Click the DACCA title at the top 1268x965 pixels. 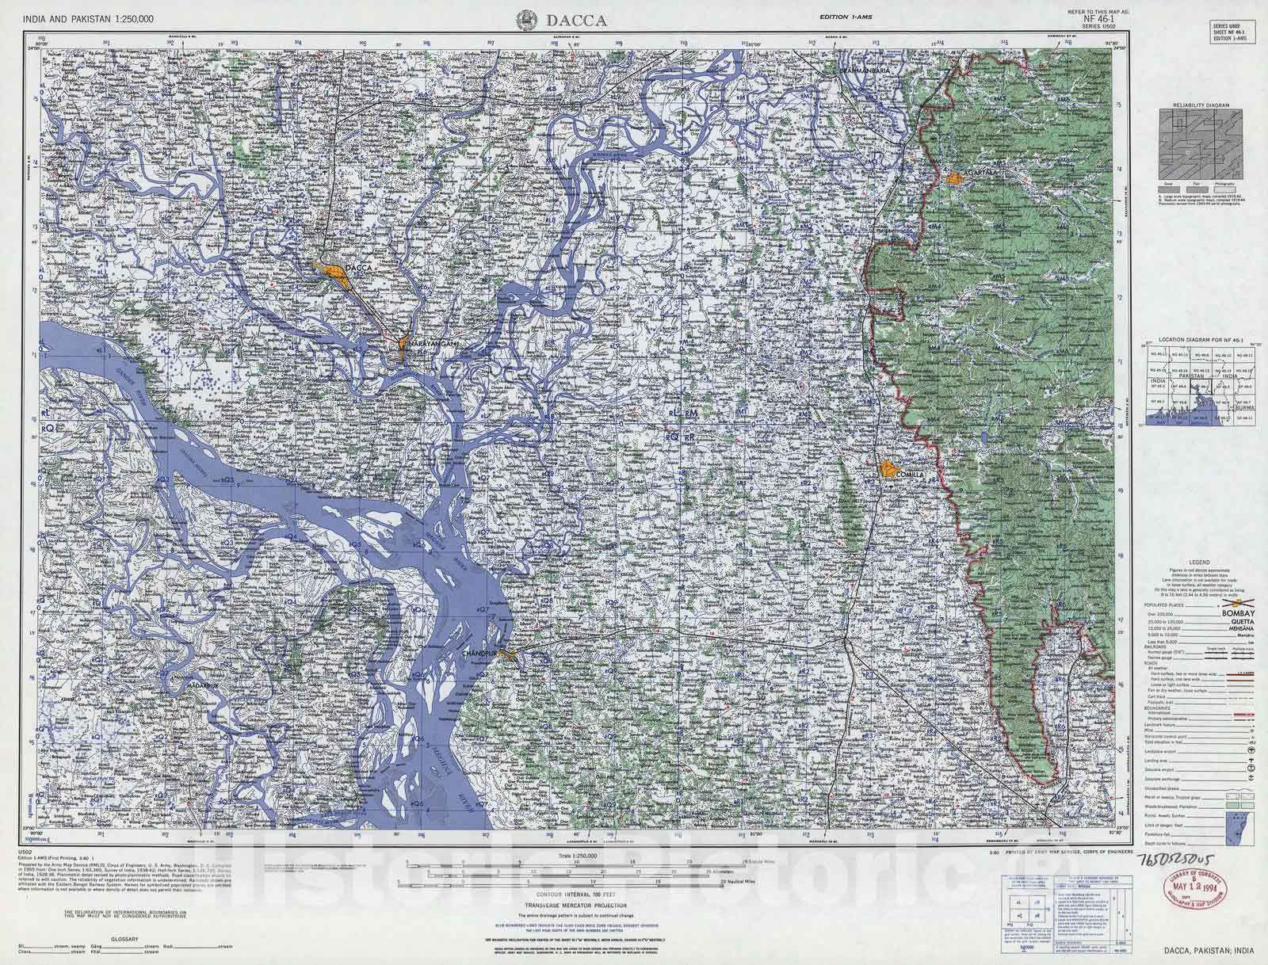tap(577, 21)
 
